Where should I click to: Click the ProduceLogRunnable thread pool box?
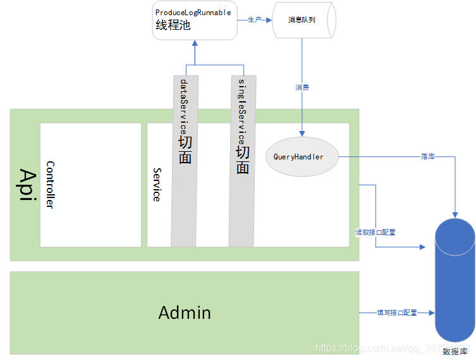tap(194, 20)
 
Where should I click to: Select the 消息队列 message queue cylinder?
tap(302, 20)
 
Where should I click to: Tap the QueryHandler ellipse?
tap(302, 156)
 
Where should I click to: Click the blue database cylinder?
tap(455, 278)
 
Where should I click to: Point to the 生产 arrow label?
tap(254, 20)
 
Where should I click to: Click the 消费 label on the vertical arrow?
tap(302, 87)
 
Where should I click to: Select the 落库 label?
tap(427, 156)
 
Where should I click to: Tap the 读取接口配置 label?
tap(375, 232)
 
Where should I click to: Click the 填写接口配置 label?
tap(397, 313)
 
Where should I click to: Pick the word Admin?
tap(185, 313)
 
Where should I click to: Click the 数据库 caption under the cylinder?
tap(455, 351)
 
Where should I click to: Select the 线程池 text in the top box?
tap(173, 26)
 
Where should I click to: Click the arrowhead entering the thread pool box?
tap(195, 43)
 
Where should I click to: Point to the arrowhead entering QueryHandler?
tap(302, 133)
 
